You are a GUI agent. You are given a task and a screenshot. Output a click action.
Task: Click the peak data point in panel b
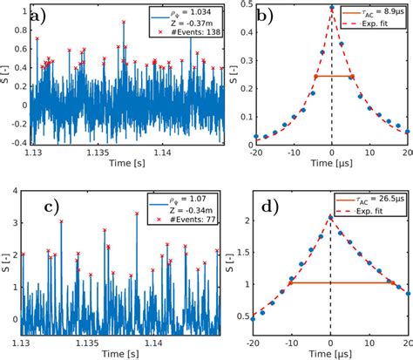332,9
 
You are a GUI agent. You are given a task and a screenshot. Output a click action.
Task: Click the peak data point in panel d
332,216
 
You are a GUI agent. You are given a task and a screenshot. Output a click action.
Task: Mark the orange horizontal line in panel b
332,77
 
